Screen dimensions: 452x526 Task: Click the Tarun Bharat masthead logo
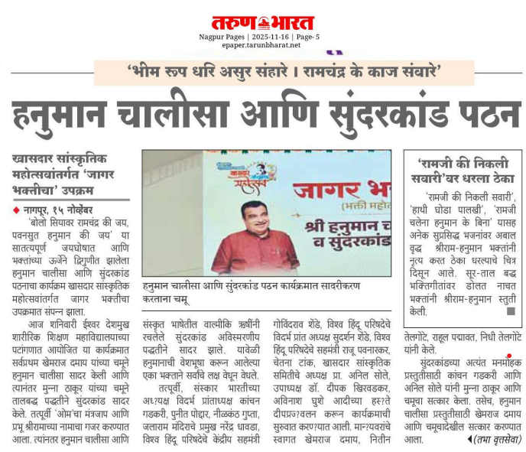click(263, 23)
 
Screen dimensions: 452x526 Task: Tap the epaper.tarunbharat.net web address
click(263, 45)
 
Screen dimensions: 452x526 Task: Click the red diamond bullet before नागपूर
click(17, 210)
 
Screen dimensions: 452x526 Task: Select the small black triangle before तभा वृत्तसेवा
click(468, 440)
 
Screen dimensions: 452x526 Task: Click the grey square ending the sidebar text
click(511, 312)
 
